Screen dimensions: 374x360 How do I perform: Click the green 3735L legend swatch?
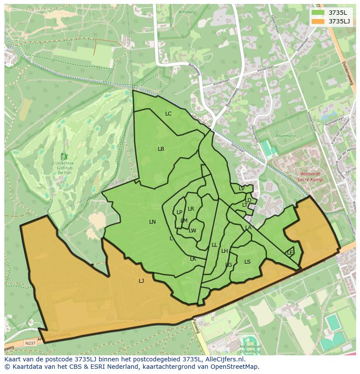[318, 13]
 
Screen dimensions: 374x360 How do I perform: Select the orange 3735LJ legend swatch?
[318, 21]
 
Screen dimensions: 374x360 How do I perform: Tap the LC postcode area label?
[168, 114]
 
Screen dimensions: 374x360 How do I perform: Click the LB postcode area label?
[161, 149]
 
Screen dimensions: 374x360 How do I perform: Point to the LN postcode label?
[152, 222]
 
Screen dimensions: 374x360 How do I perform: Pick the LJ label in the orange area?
[141, 281]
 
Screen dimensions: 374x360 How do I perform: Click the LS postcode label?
[247, 262]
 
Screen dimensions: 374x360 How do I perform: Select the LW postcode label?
[193, 231]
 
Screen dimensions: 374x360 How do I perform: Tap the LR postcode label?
[191, 209]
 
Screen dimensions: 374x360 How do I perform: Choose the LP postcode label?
[179, 212]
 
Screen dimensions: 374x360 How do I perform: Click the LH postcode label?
[224, 251]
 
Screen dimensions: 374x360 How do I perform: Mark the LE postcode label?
[290, 253]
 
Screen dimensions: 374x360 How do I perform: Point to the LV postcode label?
[241, 189]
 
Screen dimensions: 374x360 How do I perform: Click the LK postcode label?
[193, 259]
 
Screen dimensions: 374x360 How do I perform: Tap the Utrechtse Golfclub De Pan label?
[65, 167]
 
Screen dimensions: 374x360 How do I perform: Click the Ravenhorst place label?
[285, 136]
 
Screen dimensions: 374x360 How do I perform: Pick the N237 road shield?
[30, 343]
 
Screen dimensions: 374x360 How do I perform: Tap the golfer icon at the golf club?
[65, 156]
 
